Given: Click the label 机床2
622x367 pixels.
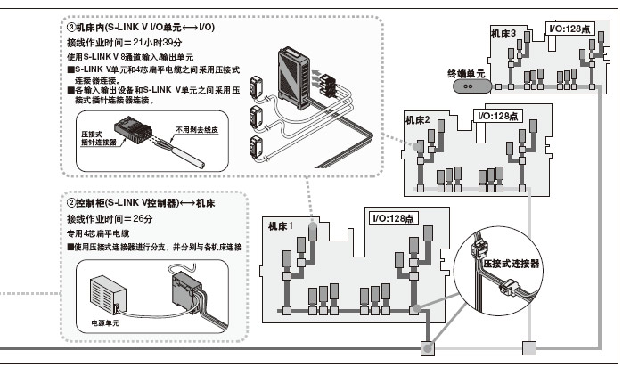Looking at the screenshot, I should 418,119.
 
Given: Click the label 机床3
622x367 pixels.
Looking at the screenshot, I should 503,34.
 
